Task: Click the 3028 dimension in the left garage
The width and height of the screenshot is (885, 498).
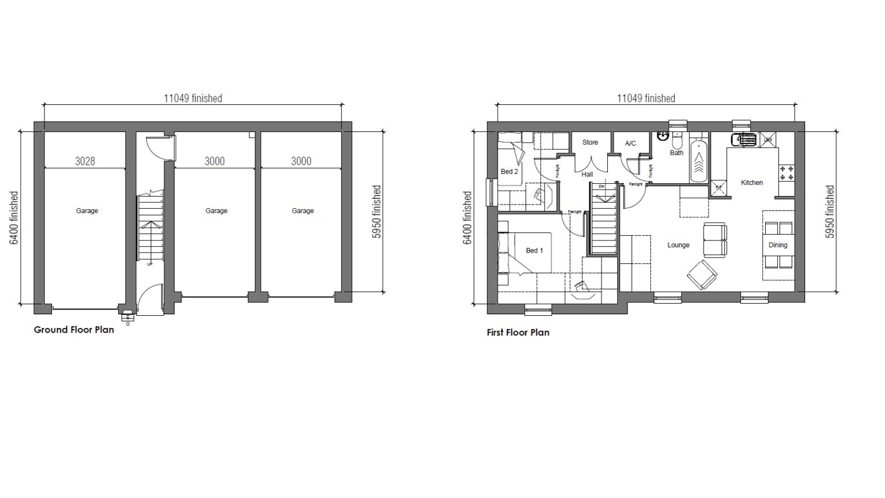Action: pyautogui.click(x=85, y=161)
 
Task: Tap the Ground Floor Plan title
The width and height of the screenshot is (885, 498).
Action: pyautogui.click(x=74, y=330)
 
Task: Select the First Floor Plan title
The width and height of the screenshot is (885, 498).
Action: pyautogui.click(x=518, y=333)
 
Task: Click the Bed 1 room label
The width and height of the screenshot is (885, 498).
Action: pyautogui.click(x=534, y=250)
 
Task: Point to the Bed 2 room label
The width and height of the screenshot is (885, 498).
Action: pyautogui.click(x=509, y=172)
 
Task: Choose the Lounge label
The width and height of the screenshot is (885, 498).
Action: pyautogui.click(x=678, y=245)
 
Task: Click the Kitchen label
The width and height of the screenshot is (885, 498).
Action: pyautogui.click(x=751, y=183)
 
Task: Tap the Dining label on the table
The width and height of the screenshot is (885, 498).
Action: pyautogui.click(x=777, y=245)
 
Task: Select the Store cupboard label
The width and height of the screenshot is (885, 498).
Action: pyautogui.click(x=590, y=142)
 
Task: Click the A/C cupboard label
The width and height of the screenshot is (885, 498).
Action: pyautogui.click(x=630, y=144)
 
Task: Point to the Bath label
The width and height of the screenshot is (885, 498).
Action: pyautogui.click(x=676, y=153)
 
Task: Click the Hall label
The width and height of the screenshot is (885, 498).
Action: pyautogui.click(x=587, y=174)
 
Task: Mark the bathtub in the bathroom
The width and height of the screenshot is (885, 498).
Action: pyautogui.click(x=699, y=161)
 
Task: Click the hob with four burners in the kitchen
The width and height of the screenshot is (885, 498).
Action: pyautogui.click(x=786, y=172)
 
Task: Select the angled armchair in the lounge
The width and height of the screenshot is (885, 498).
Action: pyautogui.click(x=702, y=275)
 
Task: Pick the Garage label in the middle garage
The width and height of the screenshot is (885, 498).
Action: pyautogui.click(x=216, y=211)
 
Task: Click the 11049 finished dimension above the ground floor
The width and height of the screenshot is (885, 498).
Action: pyautogui.click(x=192, y=99)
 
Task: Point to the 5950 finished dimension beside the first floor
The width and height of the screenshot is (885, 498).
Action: pyautogui.click(x=830, y=212)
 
